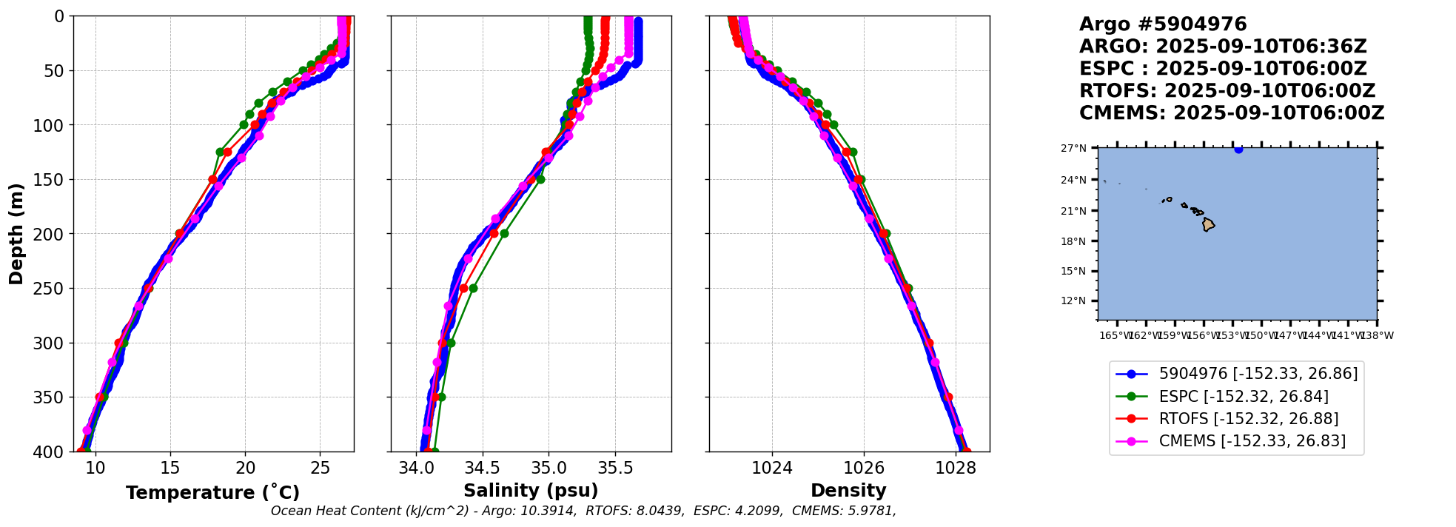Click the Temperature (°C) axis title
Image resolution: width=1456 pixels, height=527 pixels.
point(212,493)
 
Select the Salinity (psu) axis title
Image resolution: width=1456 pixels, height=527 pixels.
point(531,491)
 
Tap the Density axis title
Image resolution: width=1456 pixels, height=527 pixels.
point(848,491)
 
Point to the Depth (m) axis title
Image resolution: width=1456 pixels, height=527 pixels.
point(16,234)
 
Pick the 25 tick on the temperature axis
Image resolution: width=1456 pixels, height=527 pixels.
point(320,469)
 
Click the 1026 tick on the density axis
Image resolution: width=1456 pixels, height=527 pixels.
point(864,469)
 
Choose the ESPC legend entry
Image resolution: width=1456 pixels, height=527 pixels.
point(1243,397)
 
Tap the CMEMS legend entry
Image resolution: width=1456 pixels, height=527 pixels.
point(1252,441)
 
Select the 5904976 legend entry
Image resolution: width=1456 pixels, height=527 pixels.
point(1258,374)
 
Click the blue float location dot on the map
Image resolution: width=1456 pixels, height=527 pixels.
point(1238,149)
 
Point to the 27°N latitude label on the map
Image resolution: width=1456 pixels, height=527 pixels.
point(1073,149)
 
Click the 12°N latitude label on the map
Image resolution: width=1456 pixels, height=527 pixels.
point(1073,301)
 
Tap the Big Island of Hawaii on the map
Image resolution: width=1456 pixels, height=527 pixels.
point(1208,224)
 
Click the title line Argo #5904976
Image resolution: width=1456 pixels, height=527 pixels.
point(1163,24)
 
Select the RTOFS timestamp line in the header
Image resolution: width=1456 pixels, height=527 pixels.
point(1227,91)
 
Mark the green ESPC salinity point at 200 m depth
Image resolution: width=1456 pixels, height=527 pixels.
point(504,234)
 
